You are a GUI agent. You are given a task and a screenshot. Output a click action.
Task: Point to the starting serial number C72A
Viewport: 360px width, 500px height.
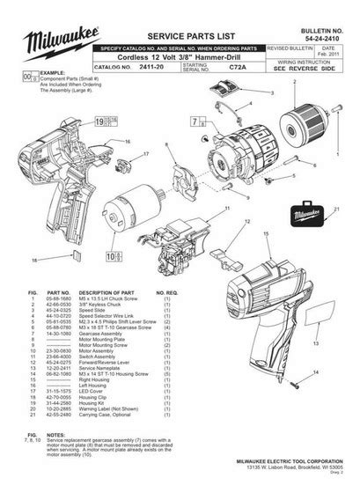click(236, 66)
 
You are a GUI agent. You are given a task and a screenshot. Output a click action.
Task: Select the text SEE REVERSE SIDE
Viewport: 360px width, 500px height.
click(310, 67)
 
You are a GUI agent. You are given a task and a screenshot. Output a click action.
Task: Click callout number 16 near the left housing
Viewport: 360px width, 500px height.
click(129, 140)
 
